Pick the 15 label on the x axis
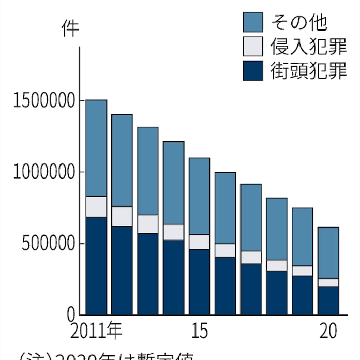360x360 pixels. tap(199, 331)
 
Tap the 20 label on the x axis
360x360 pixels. tap(328, 331)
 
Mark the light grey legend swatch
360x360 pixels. tap(253, 47)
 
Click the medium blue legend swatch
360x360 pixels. tap(253, 22)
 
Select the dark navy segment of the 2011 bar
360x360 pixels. tap(96, 265)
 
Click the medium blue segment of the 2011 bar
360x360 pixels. tap(96, 148)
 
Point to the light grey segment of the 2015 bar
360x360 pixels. tap(199, 242)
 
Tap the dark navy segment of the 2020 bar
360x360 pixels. tap(328, 301)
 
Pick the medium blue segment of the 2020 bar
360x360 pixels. tap(328, 252)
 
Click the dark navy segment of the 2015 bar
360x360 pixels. tap(199, 282)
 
